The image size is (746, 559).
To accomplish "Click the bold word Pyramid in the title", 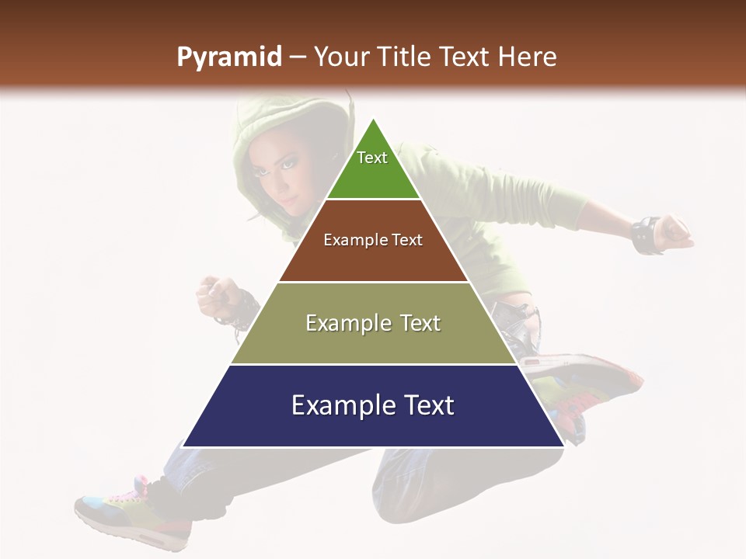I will point(229,58).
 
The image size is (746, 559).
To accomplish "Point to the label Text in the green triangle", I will point(372,158).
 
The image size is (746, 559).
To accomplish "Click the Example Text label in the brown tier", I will point(373,240).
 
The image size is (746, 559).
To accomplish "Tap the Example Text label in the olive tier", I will point(373,323).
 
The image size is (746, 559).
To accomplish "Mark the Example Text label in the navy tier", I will point(373,405).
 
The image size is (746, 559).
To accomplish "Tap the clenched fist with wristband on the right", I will point(673,233).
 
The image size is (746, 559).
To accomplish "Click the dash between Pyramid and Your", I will point(298,57).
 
